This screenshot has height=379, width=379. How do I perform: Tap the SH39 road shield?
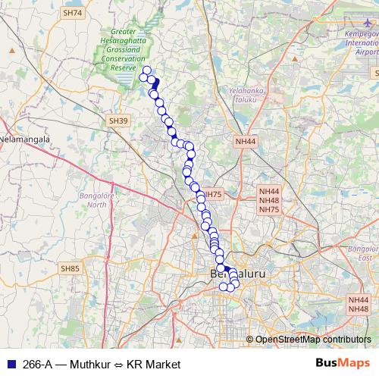click(117, 121)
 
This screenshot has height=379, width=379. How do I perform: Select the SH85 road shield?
click(70, 268)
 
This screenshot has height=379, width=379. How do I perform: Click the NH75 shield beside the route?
click(213, 195)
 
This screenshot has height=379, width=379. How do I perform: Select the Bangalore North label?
click(93, 200)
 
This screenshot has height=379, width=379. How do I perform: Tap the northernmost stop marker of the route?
click(146, 70)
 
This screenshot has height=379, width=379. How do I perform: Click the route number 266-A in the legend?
click(36, 364)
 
